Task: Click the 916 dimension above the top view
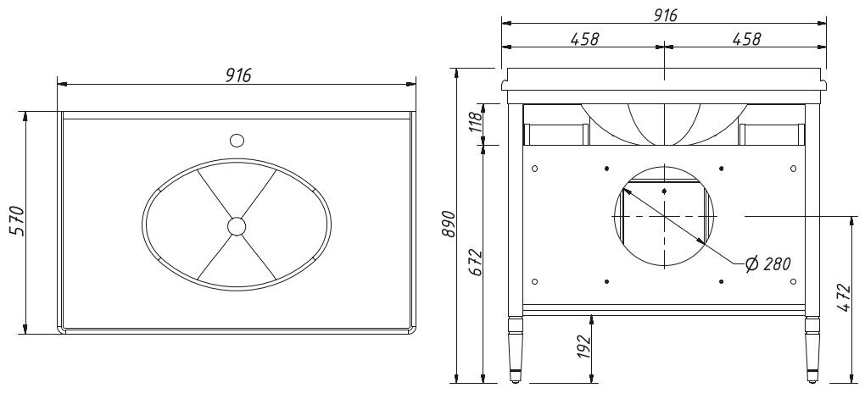pyautogui.click(x=237, y=75)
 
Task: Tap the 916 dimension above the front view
pyautogui.click(x=666, y=15)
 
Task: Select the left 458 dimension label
pyautogui.click(x=584, y=39)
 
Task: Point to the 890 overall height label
pyautogui.click(x=449, y=223)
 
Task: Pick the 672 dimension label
pyautogui.click(x=476, y=263)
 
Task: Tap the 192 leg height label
pyautogui.click(x=583, y=346)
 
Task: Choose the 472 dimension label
pyautogui.click(x=844, y=297)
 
